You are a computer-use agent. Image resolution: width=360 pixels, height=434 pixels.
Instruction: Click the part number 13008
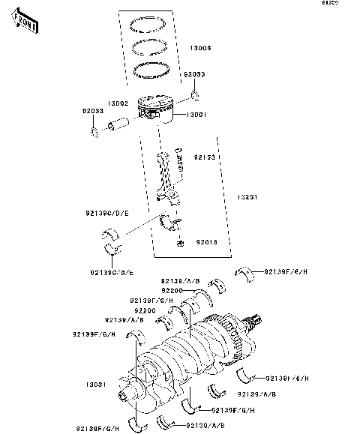pyautogui.click(x=201, y=47)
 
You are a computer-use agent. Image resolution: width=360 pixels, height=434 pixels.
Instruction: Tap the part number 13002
pyautogui.click(x=120, y=103)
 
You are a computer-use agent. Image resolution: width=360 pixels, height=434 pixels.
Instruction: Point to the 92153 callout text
pyautogui.click(x=205, y=158)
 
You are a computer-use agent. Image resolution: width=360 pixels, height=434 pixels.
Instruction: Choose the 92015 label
pyautogui.click(x=207, y=242)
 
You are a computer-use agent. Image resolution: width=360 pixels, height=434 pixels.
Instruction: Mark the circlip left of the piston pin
pyautogui.click(x=94, y=133)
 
